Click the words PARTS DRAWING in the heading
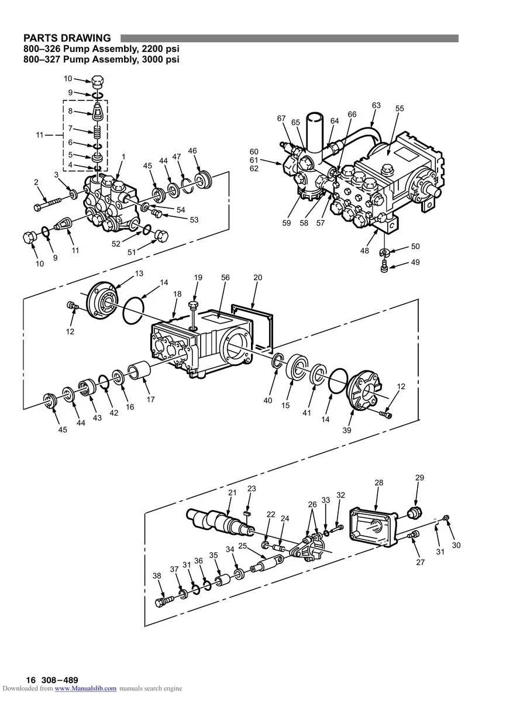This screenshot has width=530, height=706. [67, 39]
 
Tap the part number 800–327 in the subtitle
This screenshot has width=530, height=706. [46, 59]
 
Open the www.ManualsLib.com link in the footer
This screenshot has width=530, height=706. [85, 688]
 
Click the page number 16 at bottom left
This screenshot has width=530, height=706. [30, 680]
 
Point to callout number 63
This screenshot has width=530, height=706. [376, 105]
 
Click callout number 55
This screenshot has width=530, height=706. [400, 109]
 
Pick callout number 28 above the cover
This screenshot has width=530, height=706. [379, 483]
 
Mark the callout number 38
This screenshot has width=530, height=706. [157, 576]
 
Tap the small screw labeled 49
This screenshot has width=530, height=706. [384, 267]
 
